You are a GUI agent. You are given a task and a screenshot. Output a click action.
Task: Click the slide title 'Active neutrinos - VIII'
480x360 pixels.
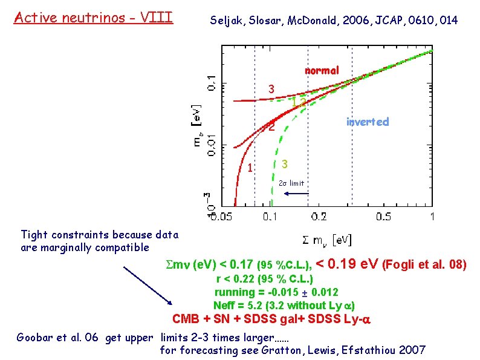[x=93, y=17]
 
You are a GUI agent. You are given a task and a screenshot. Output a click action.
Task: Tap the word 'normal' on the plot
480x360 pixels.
[x=322, y=71]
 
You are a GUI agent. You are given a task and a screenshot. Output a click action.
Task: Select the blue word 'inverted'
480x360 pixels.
[x=367, y=122]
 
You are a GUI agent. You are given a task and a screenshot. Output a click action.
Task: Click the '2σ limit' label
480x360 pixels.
[x=292, y=183]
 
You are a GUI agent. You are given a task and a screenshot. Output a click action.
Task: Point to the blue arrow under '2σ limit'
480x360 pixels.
[x=296, y=194]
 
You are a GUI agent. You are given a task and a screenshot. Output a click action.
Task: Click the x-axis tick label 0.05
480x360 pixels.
[x=221, y=217]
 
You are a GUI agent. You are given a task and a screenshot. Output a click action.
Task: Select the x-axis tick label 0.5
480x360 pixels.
[x=383, y=217]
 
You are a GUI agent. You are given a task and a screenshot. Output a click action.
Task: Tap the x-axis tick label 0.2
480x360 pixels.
[x=318, y=217]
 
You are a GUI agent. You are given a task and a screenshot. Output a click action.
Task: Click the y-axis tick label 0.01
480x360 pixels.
[x=210, y=145]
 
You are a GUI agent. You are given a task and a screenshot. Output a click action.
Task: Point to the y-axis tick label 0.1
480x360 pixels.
[x=210, y=83]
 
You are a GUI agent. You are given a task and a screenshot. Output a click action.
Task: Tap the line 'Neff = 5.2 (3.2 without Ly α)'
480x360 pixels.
[x=284, y=305]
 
